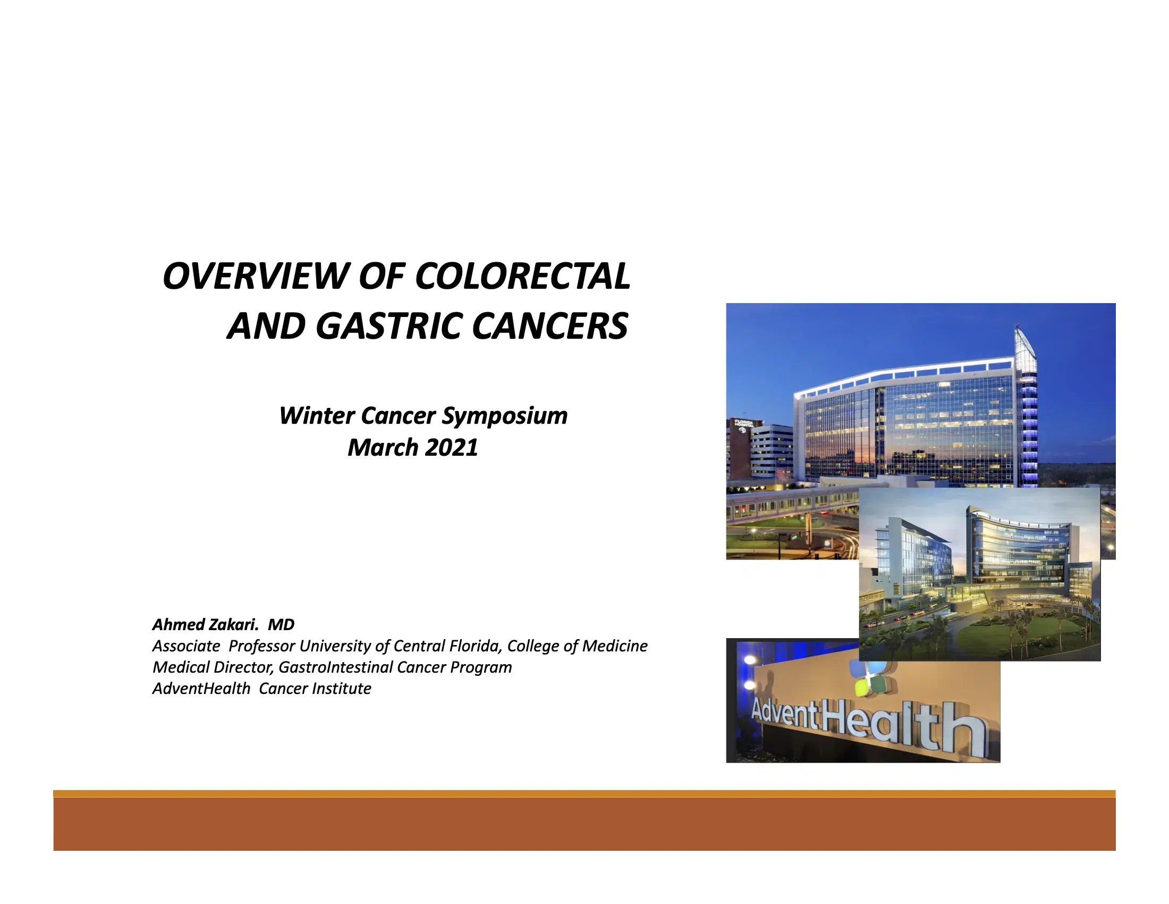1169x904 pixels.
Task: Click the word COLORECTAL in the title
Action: click(522, 277)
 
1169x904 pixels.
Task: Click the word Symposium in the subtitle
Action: click(504, 416)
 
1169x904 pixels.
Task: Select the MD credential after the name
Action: click(281, 624)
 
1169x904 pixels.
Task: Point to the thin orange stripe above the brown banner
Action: click(584, 794)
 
